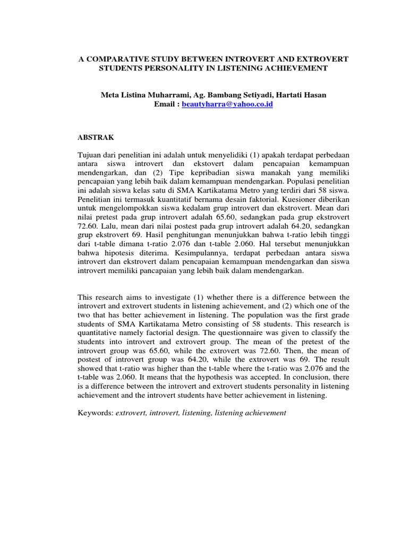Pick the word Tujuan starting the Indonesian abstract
click(x=90, y=153)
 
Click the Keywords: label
click(x=95, y=413)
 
